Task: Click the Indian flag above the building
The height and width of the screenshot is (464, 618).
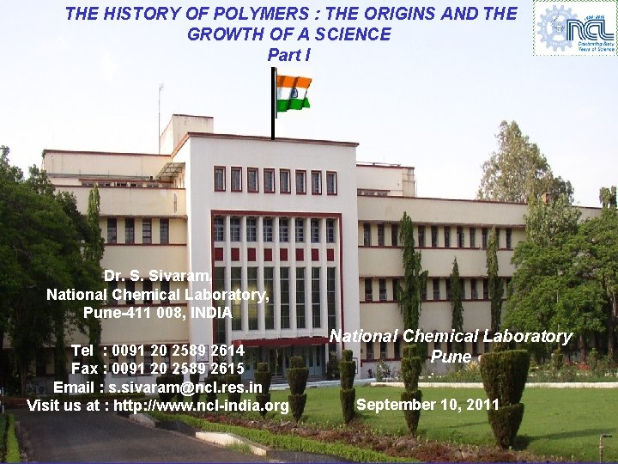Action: coord(294,93)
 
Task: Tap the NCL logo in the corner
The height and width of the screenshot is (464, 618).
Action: coord(575,28)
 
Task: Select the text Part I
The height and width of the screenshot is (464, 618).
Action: coord(288,54)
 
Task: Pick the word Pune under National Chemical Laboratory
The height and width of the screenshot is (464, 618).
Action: coord(451,356)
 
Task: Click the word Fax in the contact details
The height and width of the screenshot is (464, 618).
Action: coord(85,369)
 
